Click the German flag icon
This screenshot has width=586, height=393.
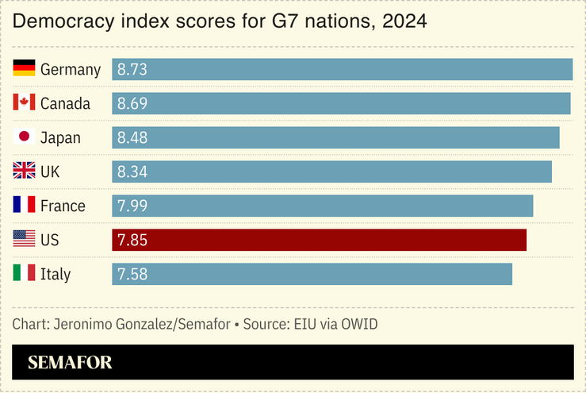(x=25, y=69)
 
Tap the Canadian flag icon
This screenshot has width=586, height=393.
(x=25, y=103)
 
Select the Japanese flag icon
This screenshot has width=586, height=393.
(x=25, y=137)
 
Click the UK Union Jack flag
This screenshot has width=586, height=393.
(x=25, y=171)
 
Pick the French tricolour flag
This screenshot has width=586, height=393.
(x=25, y=206)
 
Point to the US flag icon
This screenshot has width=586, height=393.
(x=25, y=240)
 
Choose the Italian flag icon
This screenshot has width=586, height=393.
(x=25, y=274)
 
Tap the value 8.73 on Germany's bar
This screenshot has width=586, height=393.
(x=132, y=70)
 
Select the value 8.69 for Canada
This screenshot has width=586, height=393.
(x=132, y=104)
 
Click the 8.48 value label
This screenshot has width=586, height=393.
(x=132, y=138)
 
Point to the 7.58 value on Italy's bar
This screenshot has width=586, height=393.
(x=132, y=275)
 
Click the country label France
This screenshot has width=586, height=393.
(x=63, y=206)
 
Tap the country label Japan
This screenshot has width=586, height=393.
(x=60, y=138)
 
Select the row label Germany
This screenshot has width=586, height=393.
(x=70, y=70)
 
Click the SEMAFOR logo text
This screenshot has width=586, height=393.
(x=70, y=363)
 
